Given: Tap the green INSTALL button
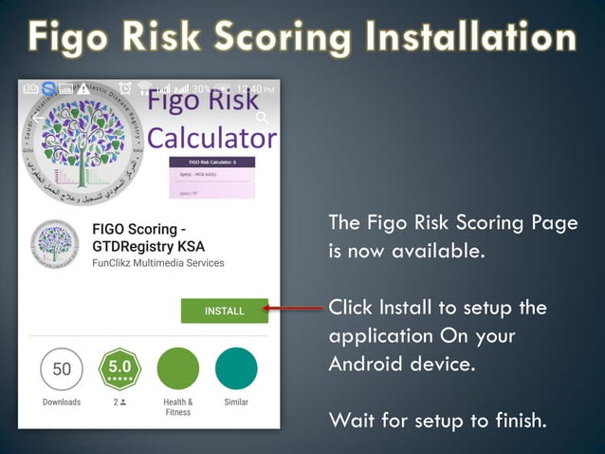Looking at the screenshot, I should (224, 310).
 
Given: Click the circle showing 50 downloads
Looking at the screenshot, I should (62, 369).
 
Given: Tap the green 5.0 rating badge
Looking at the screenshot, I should (120, 369).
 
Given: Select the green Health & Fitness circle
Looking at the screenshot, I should (177, 369).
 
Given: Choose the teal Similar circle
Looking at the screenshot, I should (236, 369).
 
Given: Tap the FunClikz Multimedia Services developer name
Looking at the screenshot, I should (157, 263).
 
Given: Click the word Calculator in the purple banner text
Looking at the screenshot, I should (212, 138).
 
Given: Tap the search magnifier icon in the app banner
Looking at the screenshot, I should (263, 119).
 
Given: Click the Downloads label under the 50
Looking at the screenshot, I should (62, 403).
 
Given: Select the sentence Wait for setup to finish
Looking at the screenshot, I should (437, 419).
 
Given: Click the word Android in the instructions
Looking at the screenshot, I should (369, 365).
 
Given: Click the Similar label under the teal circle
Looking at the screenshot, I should (236, 403).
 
